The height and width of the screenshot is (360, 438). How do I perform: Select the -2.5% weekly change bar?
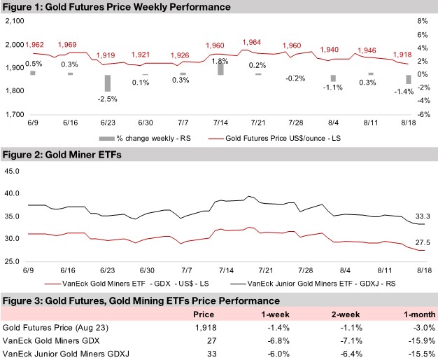pos(107,83)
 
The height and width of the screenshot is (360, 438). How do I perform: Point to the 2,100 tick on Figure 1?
pos(15,22)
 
